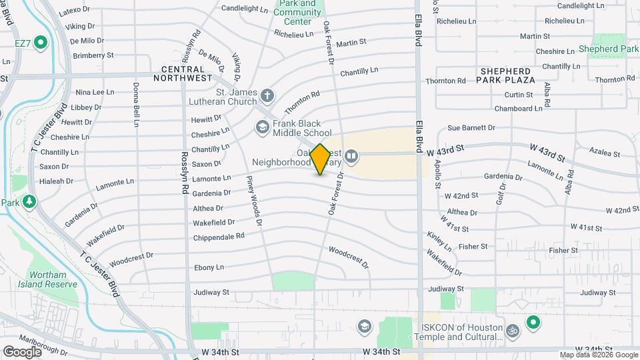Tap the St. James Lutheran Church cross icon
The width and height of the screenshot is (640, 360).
point(267,95)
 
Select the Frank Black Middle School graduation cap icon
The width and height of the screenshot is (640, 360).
point(262,127)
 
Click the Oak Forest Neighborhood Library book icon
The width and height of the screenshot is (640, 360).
point(351,157)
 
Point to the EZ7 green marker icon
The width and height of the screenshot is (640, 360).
point(40,44)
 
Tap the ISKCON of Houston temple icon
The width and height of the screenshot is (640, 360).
point(513,329)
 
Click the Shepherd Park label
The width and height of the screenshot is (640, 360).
point(608,49)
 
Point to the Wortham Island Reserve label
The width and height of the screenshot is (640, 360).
point(53,279)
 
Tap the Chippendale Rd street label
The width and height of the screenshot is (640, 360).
point(219,237)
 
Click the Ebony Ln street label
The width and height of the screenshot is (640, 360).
point(209,267)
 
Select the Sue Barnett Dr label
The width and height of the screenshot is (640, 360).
point(471,127)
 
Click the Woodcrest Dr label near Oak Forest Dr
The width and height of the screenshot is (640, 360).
point(349,257)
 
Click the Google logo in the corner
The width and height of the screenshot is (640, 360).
point(22,351)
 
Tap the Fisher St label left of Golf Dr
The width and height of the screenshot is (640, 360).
point(473,247)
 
